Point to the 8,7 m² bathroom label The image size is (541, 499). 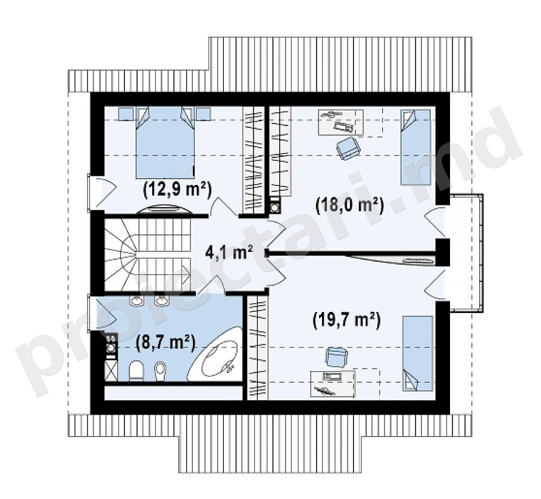[166, 343]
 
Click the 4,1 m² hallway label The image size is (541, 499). [229, 253]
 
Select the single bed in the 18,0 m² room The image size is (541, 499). [415, 147]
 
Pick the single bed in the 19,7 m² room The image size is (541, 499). [417, 354]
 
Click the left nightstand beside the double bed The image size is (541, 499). [126, 114]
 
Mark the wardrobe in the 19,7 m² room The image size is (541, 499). [258, 348]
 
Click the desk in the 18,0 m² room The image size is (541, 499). [340, 122]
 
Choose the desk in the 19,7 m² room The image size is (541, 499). [332, 384]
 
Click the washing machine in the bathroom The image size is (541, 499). [112, 347]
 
